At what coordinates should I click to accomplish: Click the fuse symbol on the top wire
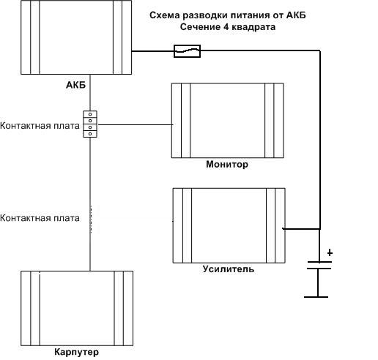(187, 51)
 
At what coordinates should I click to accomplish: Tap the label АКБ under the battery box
(76, 85)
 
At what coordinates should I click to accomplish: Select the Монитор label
(227, 164)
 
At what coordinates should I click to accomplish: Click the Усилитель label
(229, 269)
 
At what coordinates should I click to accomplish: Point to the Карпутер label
(77, 352)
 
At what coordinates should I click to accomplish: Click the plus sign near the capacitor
(330, 252)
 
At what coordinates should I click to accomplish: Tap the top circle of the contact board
(90, 114)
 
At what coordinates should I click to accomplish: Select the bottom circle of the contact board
(90, 134)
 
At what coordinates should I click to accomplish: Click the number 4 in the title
(226, 26)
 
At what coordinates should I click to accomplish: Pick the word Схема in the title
(165, 15)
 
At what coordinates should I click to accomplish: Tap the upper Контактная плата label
(40, 126)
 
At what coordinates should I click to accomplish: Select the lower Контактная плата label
(40, 218)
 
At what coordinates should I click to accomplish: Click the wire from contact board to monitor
(135, 124)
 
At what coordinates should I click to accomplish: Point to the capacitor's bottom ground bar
(316, 297)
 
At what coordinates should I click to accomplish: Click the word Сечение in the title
(200, 27)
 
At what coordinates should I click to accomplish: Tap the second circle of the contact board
(90, 121)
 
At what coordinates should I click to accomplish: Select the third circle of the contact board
(90, 127)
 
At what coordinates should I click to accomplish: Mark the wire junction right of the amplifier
(319, 229)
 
